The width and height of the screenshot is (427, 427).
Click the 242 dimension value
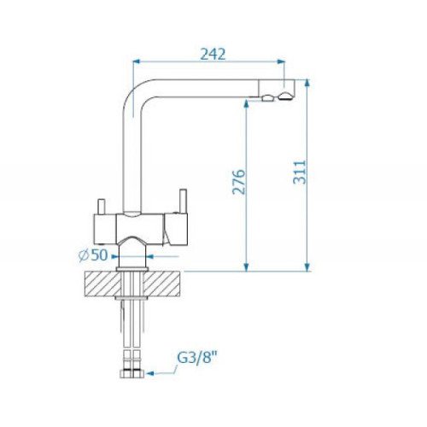[x=213, y=54]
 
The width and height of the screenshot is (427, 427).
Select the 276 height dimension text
[x=238, y=182]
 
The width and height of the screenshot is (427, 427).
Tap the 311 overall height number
[x=300, y=173]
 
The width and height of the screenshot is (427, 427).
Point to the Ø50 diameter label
[x=93, y=254]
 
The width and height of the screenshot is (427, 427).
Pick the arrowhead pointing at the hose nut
[x=149, y=373]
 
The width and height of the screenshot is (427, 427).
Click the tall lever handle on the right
[x=183, y=202]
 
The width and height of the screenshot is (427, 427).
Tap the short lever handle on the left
[x=102, y=207]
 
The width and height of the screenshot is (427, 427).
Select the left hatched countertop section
[x=102, y=284]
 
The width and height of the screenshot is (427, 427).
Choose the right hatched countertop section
[x=161, y=284]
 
